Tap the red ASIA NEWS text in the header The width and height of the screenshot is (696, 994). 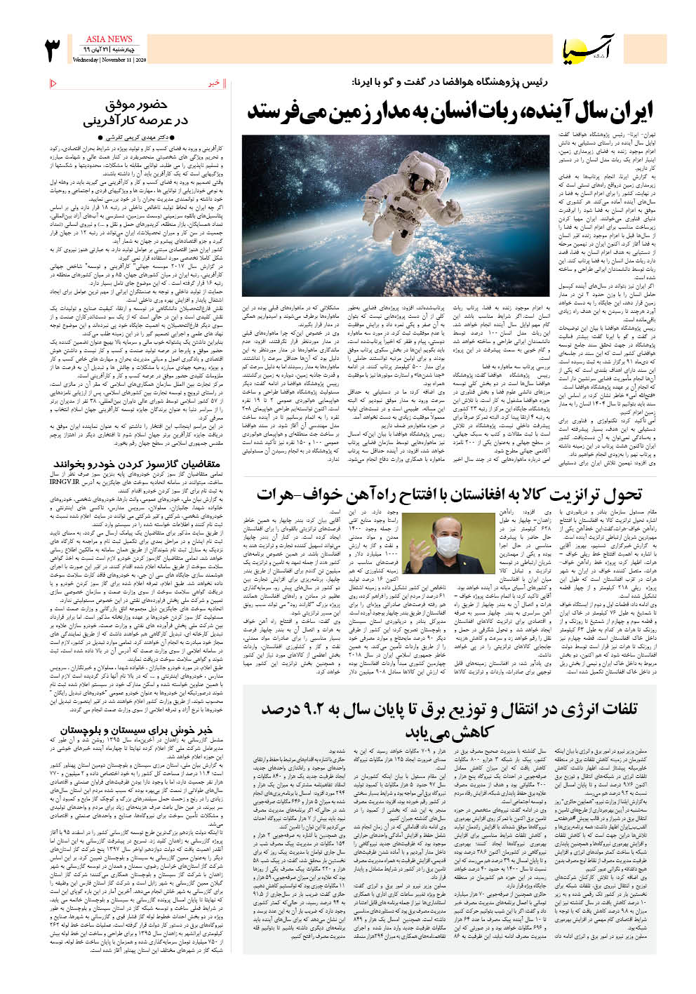pyautogui.click(x=109, y=39)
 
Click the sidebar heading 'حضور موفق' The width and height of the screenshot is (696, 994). pyautogui.click(x=137, y=105)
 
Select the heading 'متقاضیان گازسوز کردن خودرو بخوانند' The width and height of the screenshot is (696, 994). pyautogui.click(x=137, y=464)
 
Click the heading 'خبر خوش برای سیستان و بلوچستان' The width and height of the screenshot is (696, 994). pyautogui.click(x=136, y=730)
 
